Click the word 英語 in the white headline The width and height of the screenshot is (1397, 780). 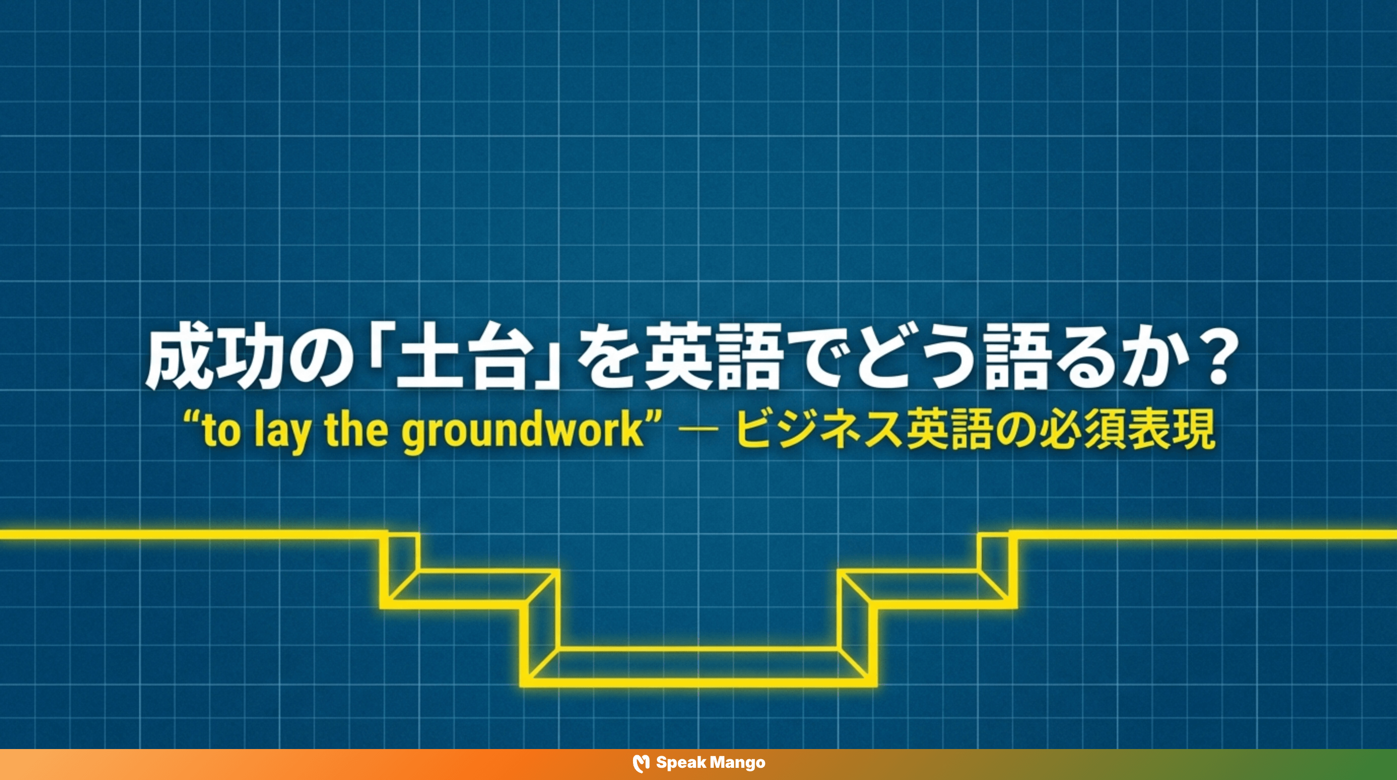713,357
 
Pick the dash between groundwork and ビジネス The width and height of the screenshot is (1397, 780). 698,430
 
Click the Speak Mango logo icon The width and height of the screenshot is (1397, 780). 641,763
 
